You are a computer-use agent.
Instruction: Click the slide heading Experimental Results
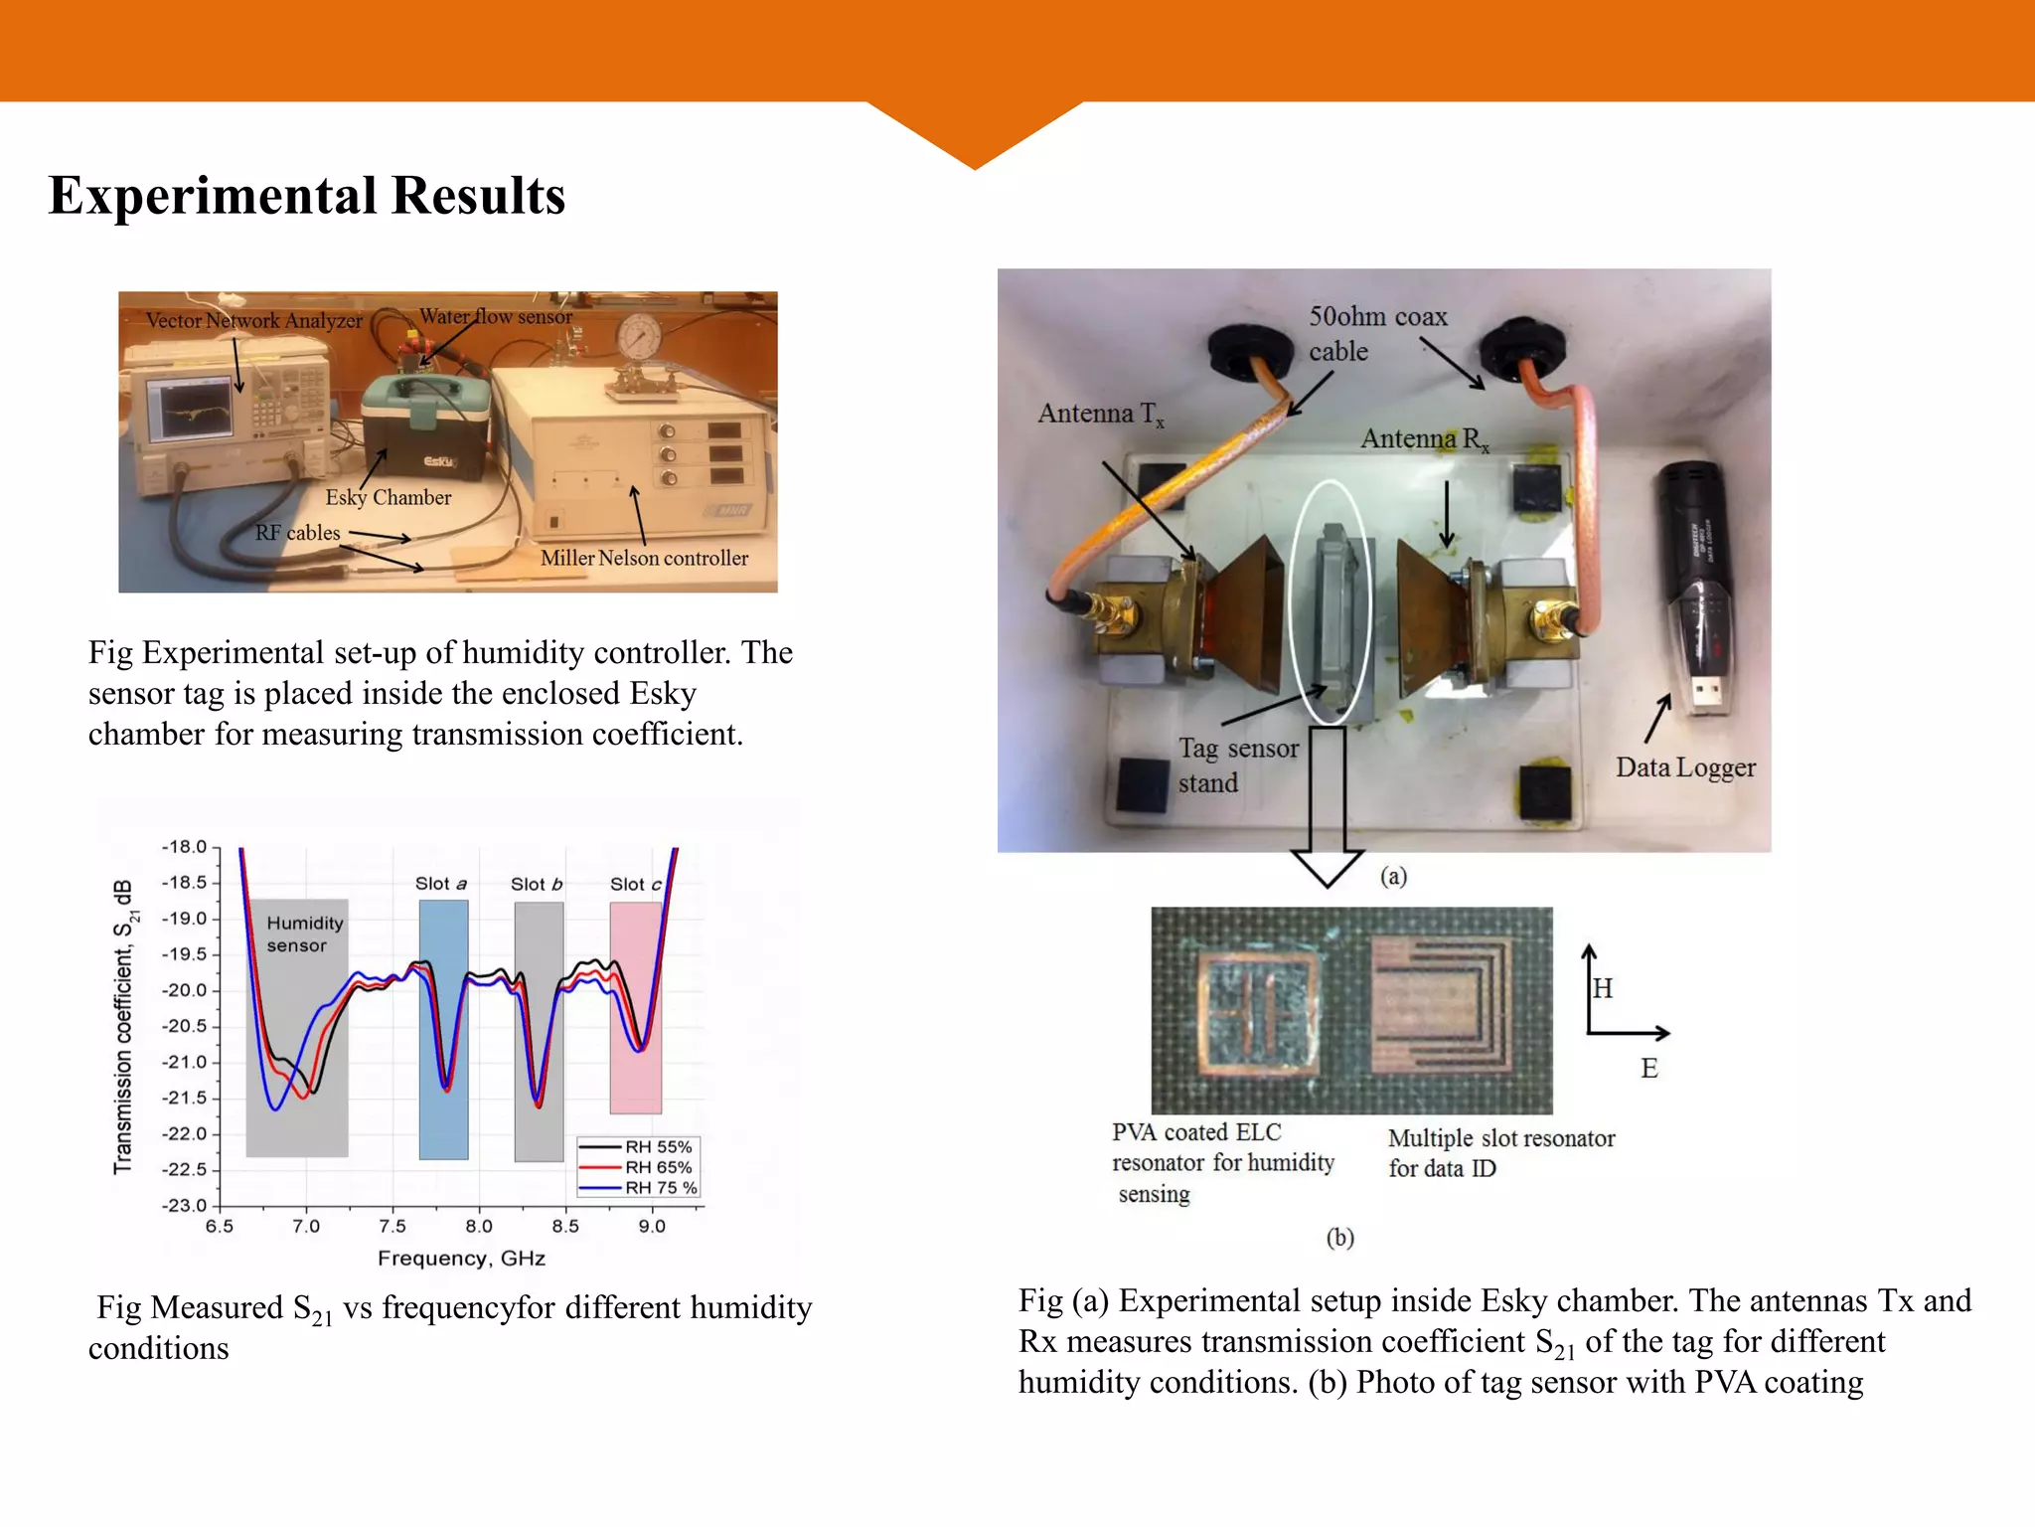click(x=306, y=195)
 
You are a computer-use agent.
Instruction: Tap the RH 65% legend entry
click(x=657, y=1167)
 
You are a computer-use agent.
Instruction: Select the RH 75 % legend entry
click(x=660, y=1188)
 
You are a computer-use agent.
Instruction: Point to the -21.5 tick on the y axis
click(x=185, y=1098)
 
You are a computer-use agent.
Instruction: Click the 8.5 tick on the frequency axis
click(x=565, y=1226)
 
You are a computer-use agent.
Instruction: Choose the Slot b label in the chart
click(x=537, y=884)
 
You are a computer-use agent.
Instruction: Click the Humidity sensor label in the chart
click(x=303, y=933)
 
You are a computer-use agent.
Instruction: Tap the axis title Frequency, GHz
click(x=461, y=1259)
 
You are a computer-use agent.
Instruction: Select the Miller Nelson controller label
click(x=644, y=558)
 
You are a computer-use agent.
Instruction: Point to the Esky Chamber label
click(x=388, y=497)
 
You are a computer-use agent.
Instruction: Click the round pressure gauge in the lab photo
click(x=635, y=337)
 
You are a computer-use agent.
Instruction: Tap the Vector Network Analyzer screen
click(x=189, y=409)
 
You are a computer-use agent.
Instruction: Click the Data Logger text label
click(x=1685, y=767)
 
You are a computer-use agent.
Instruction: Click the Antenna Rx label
click(x=1423, y=438)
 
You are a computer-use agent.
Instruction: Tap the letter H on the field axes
click(x=1602, y=988)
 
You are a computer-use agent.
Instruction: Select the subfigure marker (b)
click(x=1339, y=1238)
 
